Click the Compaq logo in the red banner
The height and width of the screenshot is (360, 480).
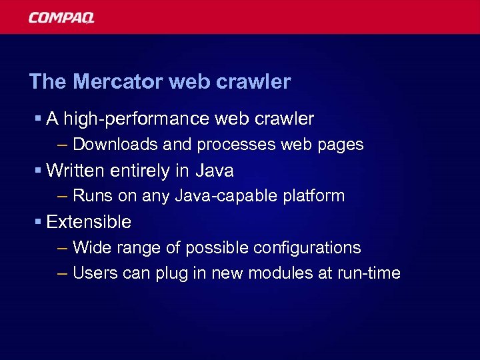coord(61,17)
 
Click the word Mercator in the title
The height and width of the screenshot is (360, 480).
coord(117,82)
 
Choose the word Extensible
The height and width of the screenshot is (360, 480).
coord(89,222)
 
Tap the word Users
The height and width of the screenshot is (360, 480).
coord(93,273)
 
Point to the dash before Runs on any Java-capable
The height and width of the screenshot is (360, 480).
coord(63,197)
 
